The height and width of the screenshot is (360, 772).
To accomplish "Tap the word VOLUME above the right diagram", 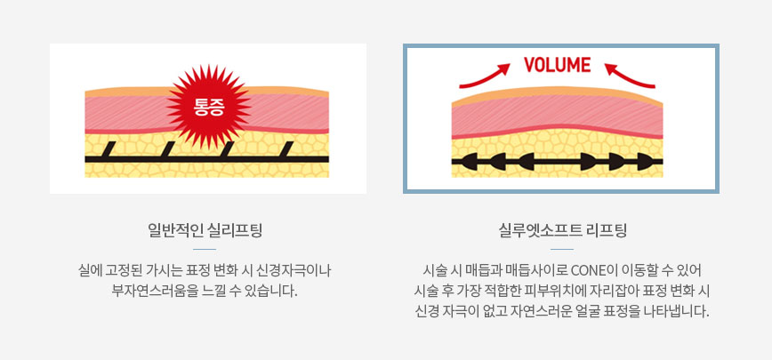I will tap(558, 65).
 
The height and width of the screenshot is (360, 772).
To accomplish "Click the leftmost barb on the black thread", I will tap(105, 150).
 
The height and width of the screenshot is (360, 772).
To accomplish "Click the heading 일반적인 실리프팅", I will tap(205, 231).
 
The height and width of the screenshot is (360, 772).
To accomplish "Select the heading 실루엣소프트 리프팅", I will tap(562, 231).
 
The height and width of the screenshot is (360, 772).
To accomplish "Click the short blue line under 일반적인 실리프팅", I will tap(205, 250).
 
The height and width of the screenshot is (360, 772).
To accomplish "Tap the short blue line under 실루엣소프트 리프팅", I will tap(562, 250).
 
